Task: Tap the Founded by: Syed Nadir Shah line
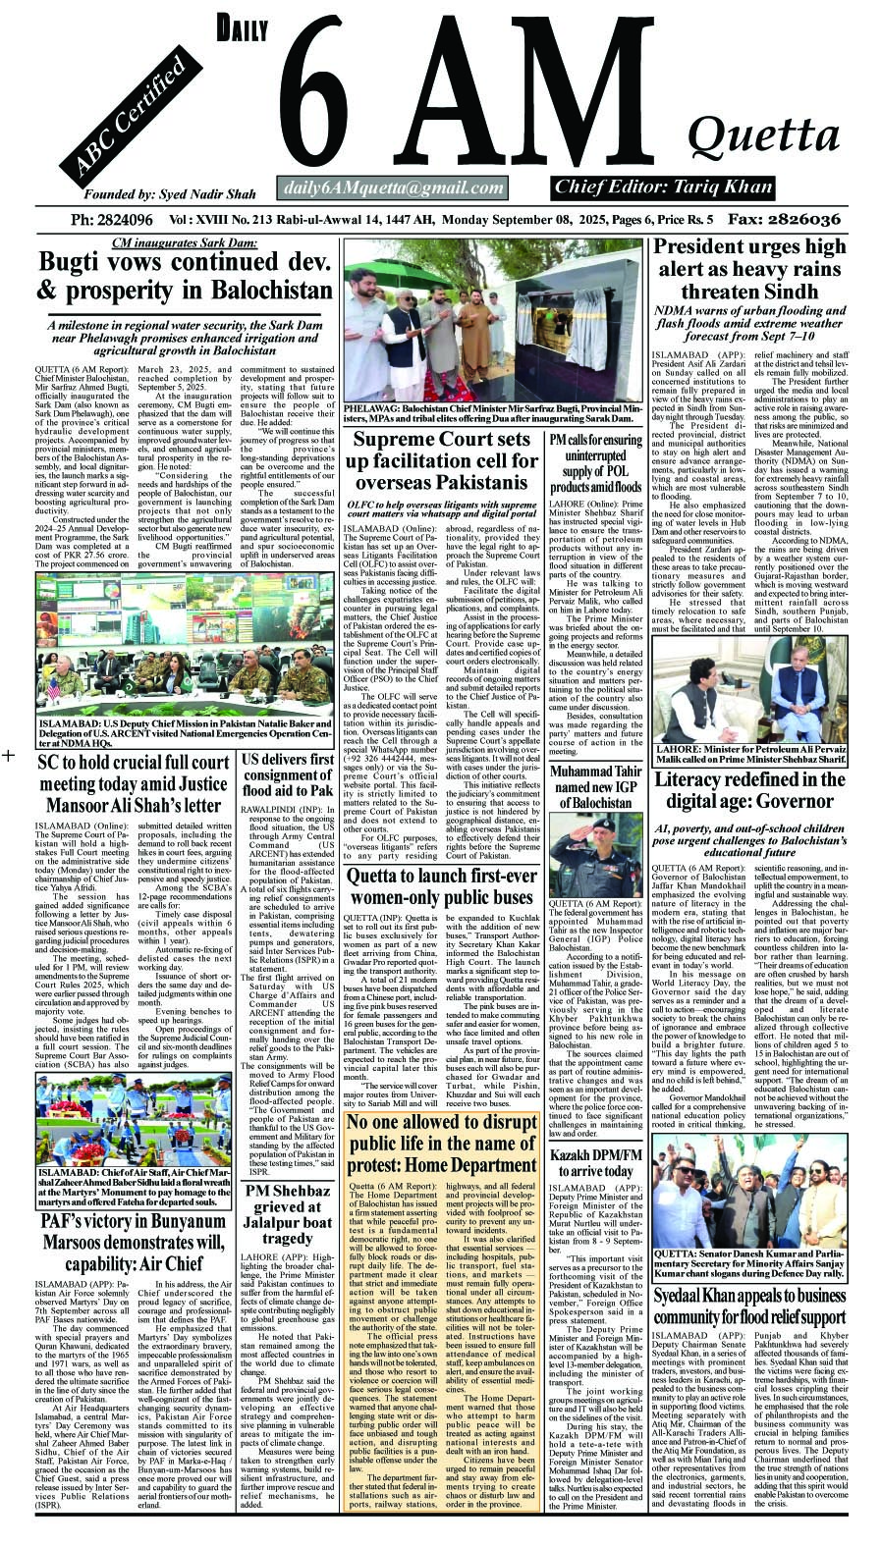156,194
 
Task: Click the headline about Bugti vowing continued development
185,277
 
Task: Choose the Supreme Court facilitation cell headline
445,461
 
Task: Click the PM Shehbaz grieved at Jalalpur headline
288,1215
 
